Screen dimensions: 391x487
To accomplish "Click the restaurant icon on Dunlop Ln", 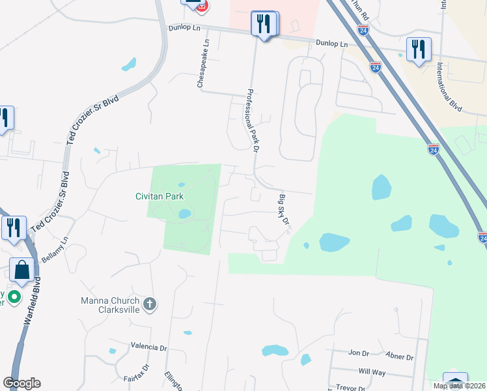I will (263, 24).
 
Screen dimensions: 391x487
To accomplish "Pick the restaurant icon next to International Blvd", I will (417, 50).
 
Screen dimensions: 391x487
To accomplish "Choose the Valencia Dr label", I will (149, 345).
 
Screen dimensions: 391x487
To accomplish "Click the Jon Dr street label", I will (359, 353).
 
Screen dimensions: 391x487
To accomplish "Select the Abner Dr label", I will (400, 357).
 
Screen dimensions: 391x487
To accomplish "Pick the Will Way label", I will (372, 371).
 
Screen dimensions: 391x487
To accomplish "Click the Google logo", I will (21, 383).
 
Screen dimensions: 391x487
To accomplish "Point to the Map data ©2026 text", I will (460, 386).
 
